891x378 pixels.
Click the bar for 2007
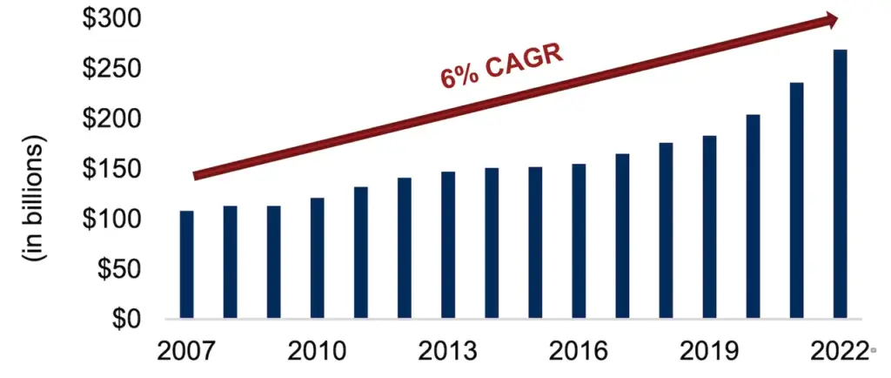pyautogui.click(x=186, y=264)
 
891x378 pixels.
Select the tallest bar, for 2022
pyautogui.click(x=840, y=184)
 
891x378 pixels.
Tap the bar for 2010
pyautogui.click(x=317, y=258)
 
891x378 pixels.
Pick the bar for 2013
pyautogui.click(x=447, y=245)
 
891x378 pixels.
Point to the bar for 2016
pyautogui.click(x=579, y=241)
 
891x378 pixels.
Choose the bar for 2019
pyautogui.click(x=709, y=227)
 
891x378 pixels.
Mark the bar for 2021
pyautogui.click(x=796, y=200)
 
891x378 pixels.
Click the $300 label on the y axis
pyautogui.click(x=111, y=18)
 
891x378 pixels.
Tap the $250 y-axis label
pyautogui.click(x=111, y=69)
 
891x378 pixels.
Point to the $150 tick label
pyautogui.click(x=111, y=169)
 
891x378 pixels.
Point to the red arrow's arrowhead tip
pyautogui.click(x=837, y=18)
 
